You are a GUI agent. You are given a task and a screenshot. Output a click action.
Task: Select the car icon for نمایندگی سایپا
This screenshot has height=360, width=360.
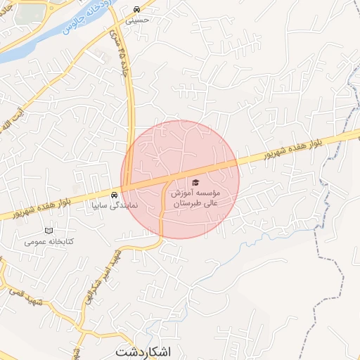[x=114, y=195]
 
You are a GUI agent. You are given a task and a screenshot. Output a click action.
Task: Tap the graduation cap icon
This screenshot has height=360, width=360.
[x=195, y=182]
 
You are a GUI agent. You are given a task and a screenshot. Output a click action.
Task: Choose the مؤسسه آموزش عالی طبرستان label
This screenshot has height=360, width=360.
[x=198, y=197]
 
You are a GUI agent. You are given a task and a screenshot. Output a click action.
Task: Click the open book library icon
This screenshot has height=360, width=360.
[x=49, y=231]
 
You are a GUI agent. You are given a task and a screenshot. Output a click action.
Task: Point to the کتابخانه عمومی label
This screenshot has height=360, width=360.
[x=49, y=241]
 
